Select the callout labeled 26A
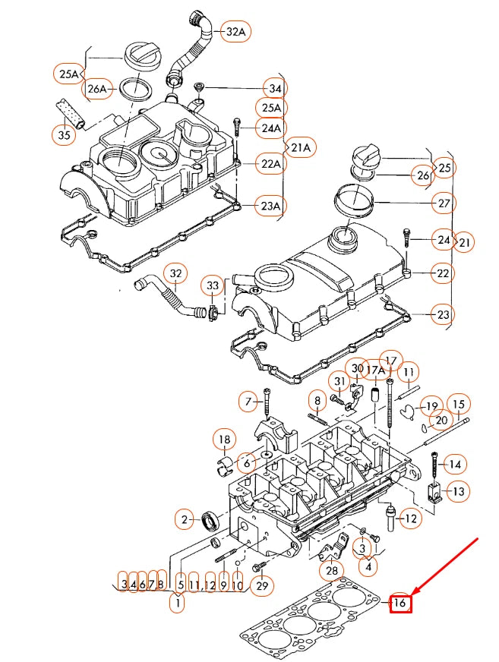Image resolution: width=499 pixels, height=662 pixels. point(97,90)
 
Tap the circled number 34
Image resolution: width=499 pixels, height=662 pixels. point(275,88)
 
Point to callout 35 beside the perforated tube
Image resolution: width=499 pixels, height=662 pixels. point(65,136)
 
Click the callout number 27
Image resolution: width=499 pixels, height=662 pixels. point(444,203)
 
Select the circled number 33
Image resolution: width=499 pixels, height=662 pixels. point(213,285)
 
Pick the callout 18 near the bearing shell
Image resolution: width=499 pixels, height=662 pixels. point(224,440)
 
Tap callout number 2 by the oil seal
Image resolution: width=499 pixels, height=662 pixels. point(184,520)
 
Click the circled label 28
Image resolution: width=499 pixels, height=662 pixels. point(330,570)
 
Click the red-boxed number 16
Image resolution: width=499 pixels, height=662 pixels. point(400,604)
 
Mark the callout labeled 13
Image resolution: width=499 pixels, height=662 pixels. point(458,492)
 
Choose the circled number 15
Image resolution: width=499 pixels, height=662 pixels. point(458,403)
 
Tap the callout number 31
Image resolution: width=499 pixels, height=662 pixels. point(339,380)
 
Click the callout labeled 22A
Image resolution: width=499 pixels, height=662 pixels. point(271,164)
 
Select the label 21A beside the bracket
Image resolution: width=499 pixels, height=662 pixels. point(302,147)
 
